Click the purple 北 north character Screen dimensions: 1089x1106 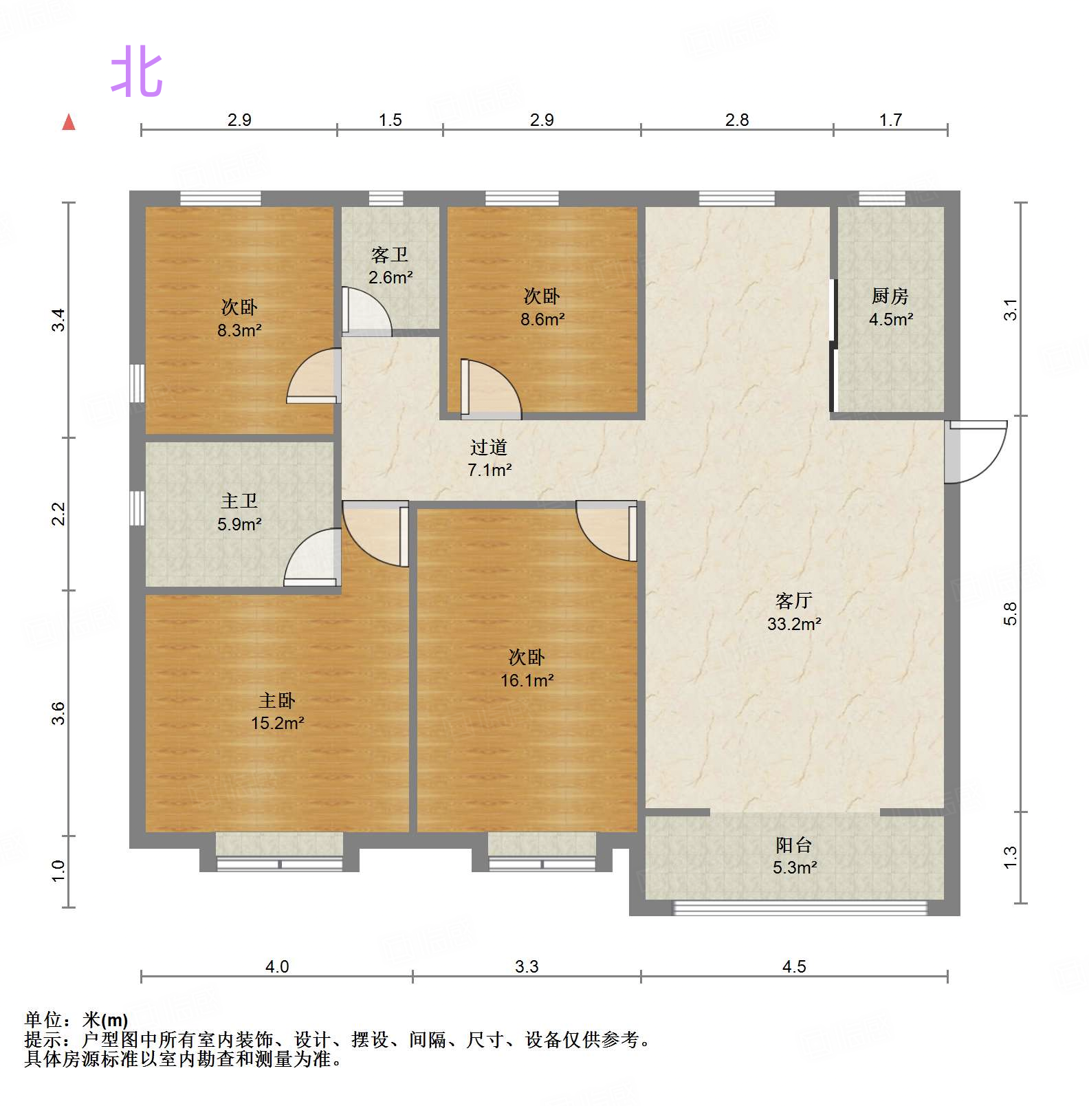(x=137, y=72)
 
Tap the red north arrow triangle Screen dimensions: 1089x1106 (x=69, y=122)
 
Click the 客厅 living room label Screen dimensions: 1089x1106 (x=794, y=601)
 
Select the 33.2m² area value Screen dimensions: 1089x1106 (x=794, y=624)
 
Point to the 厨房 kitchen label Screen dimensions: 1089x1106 (x=890, y=296)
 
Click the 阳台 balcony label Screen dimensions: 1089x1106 (x=794, y=845)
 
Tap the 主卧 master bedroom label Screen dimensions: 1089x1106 (x=277, y=701)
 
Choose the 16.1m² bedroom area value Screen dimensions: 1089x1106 (x=527, y=680)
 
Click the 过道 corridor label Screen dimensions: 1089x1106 (x=489, y=448)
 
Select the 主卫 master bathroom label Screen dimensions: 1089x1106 (x=239, y=501)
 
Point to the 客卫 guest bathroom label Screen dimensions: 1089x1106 (x=390, y=255)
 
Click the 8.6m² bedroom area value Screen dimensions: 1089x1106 (x=542, y=319)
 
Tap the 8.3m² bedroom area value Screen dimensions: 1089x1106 (x=239, y=330)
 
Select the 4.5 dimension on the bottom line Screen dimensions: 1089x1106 (x=794, y=966)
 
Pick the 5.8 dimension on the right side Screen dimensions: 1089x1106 (x=1010, y=613)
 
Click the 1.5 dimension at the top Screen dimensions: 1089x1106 (x=390, y=120)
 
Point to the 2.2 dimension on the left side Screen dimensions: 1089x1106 (x=58, y=514)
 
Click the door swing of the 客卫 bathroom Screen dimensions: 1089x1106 (x=366, y=312)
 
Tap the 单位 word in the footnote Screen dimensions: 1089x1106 (x=44, y=1019)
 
